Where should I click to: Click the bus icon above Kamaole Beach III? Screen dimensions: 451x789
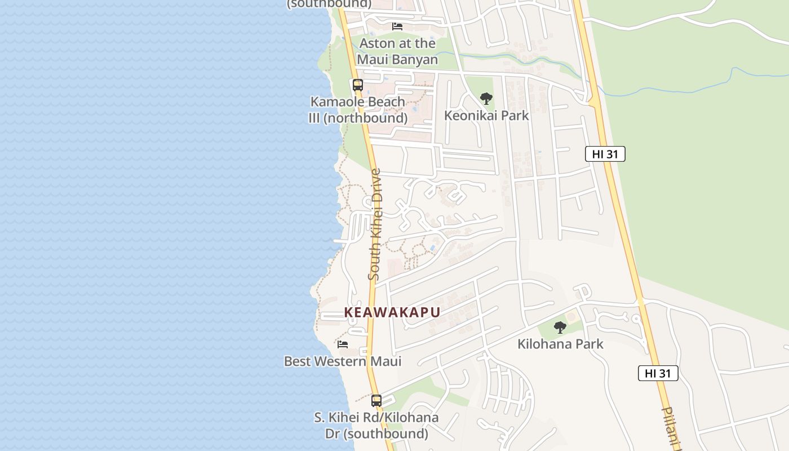(357, 85)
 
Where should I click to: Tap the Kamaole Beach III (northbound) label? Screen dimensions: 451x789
(358, 110)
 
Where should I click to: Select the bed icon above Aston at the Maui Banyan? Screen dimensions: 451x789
(397, 26)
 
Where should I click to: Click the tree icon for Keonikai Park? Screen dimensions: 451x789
(486, 99)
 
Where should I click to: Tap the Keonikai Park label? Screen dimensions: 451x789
(486, 116)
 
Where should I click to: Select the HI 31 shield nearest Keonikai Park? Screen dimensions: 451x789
(605, 154)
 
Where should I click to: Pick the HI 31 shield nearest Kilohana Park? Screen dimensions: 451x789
(658, 373)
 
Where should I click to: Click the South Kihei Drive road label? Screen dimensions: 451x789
(375, 224)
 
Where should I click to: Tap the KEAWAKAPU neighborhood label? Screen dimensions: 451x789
(392, 312)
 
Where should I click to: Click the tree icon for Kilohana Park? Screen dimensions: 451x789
(560, 328)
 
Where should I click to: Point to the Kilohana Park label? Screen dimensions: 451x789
(560, 344)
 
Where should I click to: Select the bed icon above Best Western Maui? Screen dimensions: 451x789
(342, 344)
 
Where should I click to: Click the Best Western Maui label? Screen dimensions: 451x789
(343, 361)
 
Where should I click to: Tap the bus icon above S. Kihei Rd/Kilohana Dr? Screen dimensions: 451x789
(376, 401)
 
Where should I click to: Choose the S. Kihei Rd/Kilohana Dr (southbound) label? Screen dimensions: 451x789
(376, 426)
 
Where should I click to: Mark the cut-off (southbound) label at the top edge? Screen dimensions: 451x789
(329, 4)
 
